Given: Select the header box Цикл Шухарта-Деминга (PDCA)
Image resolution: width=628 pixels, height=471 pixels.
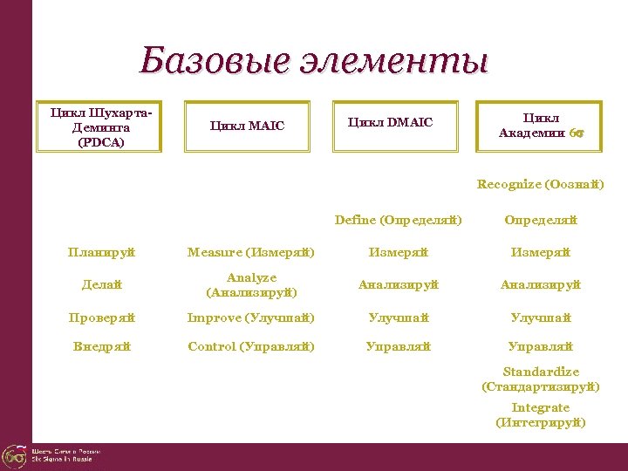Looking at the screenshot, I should click(x=99, y=127).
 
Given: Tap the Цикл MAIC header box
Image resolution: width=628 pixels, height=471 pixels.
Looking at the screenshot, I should click(x=247, y=126).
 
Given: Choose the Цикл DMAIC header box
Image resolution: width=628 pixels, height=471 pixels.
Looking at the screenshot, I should click(x=390, y=122).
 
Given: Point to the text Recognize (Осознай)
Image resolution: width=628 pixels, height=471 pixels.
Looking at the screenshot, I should click(x=540, y=184).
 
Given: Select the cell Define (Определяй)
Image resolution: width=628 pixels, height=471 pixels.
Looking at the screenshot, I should click(x=398, y=220).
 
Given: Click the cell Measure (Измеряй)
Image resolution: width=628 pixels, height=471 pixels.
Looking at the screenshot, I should click(x=251, y=253).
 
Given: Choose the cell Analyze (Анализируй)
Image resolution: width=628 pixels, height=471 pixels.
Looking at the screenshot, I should click(x=251, y=284).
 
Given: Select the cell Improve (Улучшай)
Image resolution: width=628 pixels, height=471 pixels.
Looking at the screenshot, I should click(x=251, y=317).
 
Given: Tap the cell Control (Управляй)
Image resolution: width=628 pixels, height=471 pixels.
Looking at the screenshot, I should click(x=251, y=346).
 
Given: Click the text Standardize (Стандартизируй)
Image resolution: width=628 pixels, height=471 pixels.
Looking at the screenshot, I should click(x=540, y=379).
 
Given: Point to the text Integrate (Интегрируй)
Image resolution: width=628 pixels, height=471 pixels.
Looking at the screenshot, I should click(x=540, y=415).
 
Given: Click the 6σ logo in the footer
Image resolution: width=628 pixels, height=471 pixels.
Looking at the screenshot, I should click(x=15, y=455).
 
